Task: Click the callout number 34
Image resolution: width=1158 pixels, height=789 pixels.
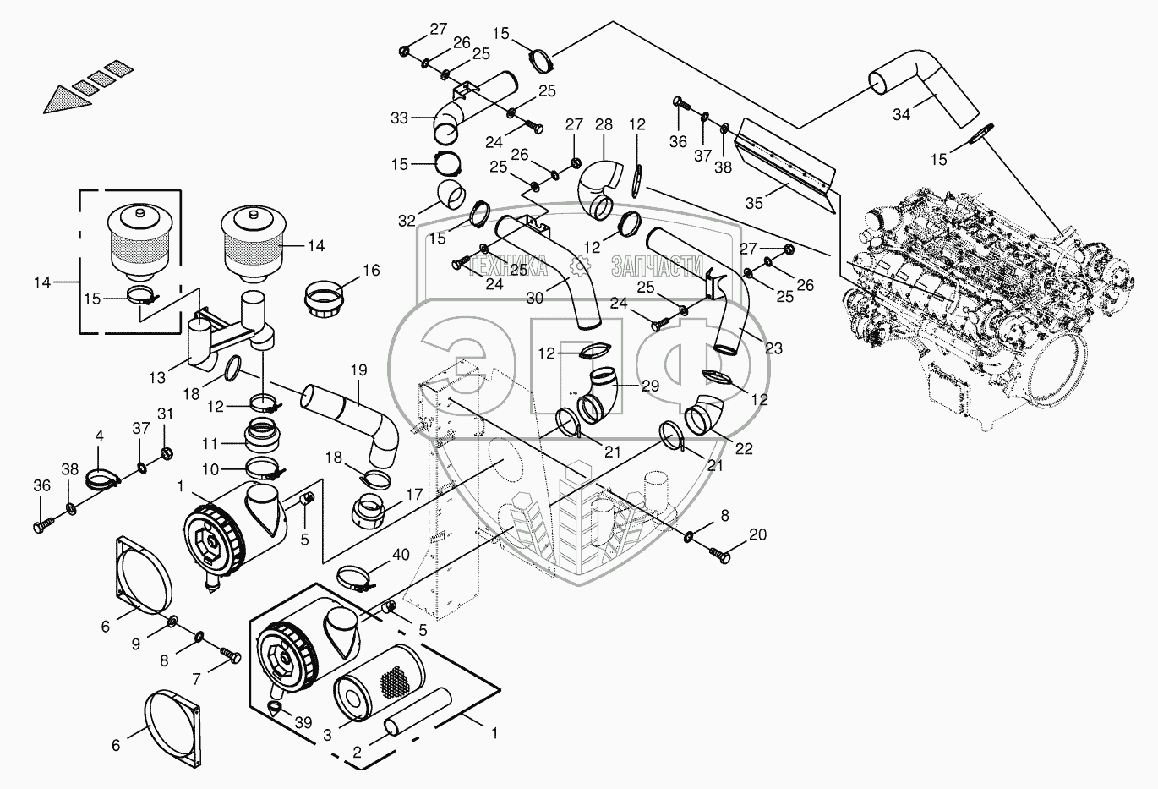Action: (901, 114)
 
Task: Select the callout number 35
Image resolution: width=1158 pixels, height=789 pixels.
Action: (754, 203)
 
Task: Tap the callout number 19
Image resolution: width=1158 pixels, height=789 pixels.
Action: (358, 370)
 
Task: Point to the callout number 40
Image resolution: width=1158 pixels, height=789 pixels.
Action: (401, 555)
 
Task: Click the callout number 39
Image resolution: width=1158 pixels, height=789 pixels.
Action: (303, 722)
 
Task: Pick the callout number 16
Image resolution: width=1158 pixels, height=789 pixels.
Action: (371, 270)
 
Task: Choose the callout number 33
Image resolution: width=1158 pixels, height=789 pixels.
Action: (399, 118)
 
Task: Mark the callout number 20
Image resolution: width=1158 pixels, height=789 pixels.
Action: (758, 534)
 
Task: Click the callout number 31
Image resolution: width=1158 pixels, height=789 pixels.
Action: (165, 414)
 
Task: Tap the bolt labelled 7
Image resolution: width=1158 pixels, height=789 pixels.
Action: (230, 655)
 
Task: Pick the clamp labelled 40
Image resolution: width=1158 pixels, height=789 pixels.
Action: (356, 579)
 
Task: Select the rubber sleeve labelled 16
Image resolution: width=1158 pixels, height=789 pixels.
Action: (324, 299)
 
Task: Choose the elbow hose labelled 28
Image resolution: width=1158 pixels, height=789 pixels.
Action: (602, 189)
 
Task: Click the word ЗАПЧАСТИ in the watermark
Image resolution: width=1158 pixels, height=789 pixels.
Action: (658, 266)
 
